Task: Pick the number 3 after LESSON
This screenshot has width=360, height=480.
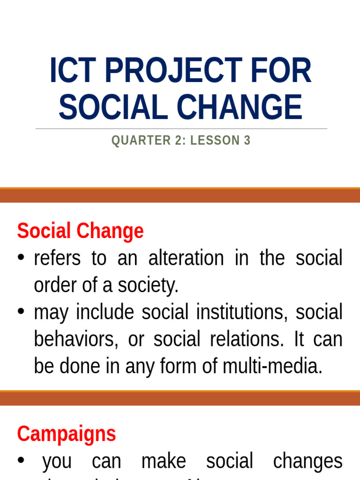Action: [x=247, y=141]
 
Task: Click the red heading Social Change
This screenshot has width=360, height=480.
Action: [x=80, y=231]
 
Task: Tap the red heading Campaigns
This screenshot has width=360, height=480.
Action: [x=66, y=434]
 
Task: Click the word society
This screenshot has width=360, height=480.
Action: [x=150, y=285]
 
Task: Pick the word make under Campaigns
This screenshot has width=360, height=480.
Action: [x=163, y=461]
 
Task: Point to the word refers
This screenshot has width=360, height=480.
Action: [x=57, y=258]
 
